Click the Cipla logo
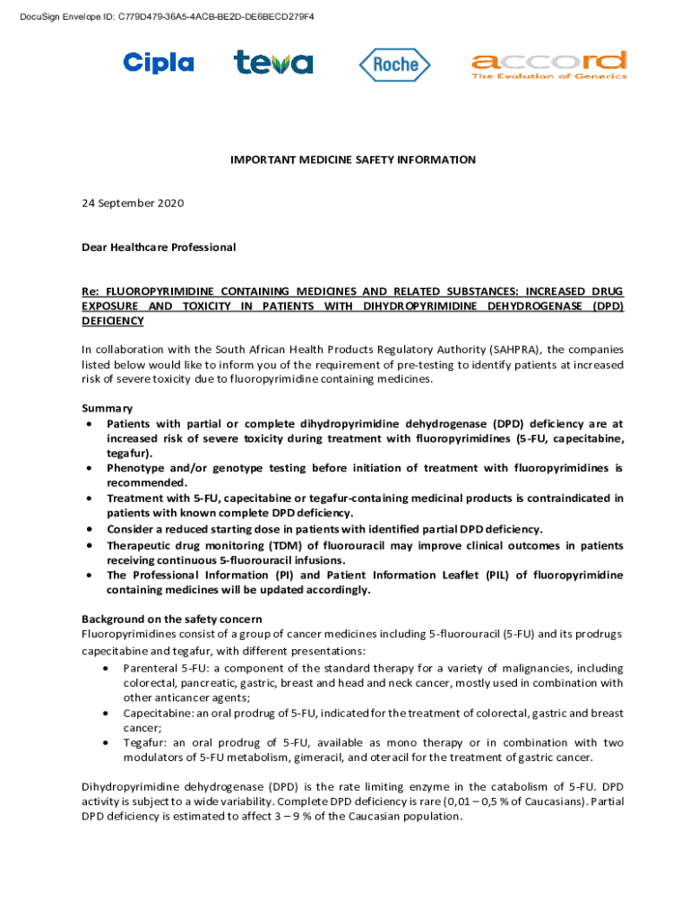[158, 63]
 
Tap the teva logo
[273, 63]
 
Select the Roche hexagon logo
[394, 64]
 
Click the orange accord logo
[548, 64]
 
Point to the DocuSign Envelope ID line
[160, 17]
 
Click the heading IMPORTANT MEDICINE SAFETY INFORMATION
[352, 160]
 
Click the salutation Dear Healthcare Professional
[159, 247]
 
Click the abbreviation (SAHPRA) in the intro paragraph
[514, 350]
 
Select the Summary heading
[108, 408]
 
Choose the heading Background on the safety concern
[172, 619]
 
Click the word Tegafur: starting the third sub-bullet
[145, 743]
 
